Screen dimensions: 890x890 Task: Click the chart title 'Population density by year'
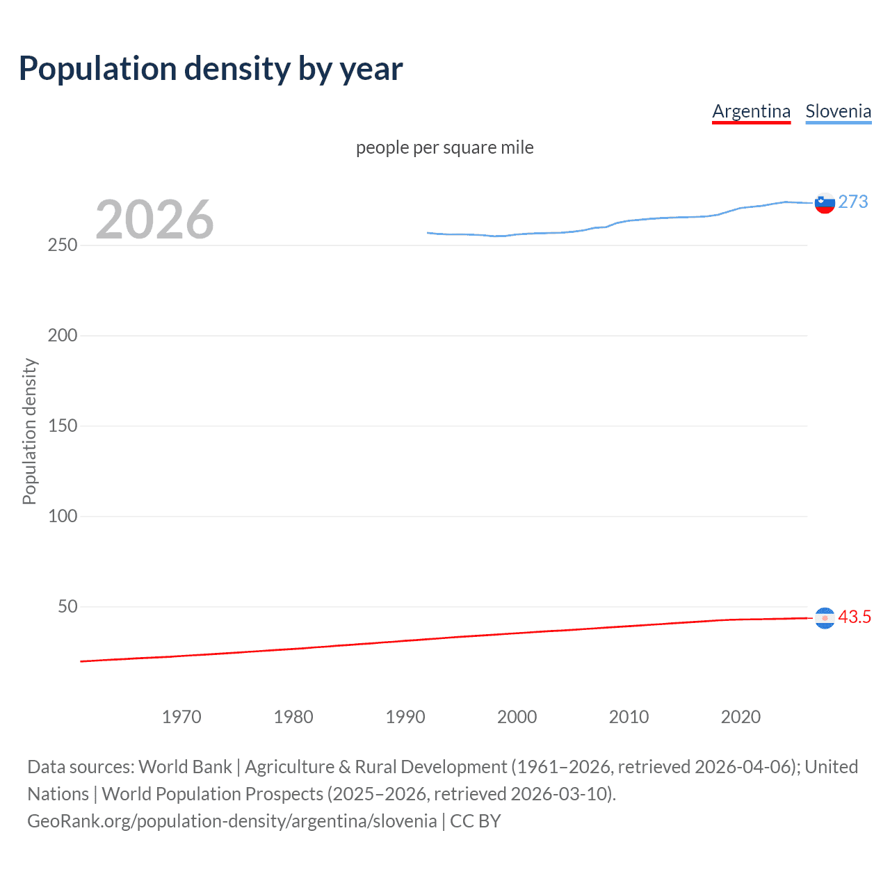tap(211, 69)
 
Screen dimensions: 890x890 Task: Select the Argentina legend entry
tap(751, 111)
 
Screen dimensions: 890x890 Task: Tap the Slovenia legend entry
tap(838, 111)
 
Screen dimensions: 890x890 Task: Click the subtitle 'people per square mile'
tap(444, 147)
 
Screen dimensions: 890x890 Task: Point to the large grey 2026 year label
tap(154, 220)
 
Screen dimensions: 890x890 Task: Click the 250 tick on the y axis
tap(63, 245)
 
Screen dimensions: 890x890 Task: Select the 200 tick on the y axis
tap(63, 336)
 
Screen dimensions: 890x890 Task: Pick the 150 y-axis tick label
tap(63, 426)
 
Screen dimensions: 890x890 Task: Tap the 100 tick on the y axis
tap(63, 517)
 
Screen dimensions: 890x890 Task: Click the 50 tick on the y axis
tap(67, 606)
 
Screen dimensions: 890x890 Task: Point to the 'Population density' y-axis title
tap(29, 431)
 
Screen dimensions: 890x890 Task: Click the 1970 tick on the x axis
tap(181, 717)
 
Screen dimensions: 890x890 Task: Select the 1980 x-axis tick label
tap(293, 717)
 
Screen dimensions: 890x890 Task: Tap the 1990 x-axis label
tap(405, 717)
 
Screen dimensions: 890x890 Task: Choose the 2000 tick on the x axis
tap(517, 717)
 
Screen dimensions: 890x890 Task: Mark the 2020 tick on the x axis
tap(741, 717)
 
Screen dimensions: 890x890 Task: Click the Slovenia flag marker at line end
tap(825, 203)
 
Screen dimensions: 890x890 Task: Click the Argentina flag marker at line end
tap(825, 617)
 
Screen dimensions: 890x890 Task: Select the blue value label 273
tap(853, 202)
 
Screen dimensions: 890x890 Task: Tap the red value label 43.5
tap(855, 617)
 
